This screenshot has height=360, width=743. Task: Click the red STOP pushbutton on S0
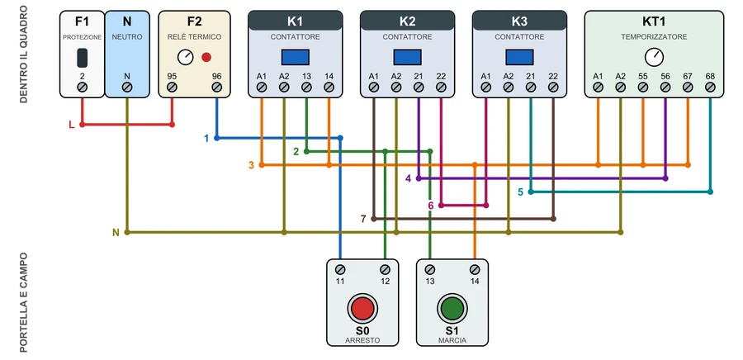362,308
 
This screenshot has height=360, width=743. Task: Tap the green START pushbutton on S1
452,308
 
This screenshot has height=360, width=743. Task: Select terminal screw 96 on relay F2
216,88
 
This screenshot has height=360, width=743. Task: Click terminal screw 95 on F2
172,88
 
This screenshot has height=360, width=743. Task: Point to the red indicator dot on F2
206,57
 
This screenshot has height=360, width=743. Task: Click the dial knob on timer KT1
654,57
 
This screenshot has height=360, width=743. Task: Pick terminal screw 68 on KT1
710,88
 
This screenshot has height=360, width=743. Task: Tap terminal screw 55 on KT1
642,88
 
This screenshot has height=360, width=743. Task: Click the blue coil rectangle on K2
408,57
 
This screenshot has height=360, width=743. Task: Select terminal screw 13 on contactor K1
306,88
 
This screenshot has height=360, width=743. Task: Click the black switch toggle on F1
82,57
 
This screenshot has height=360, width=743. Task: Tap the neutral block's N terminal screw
127,88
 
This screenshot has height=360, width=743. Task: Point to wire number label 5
520,192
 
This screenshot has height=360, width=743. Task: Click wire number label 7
363,219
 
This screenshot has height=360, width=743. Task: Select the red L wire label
72,125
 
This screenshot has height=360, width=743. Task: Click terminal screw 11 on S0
340,269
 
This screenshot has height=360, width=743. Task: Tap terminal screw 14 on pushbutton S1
475,269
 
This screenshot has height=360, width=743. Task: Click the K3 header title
519,21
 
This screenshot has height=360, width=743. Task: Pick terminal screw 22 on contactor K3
553,88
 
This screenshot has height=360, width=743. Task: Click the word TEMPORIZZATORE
654,37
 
